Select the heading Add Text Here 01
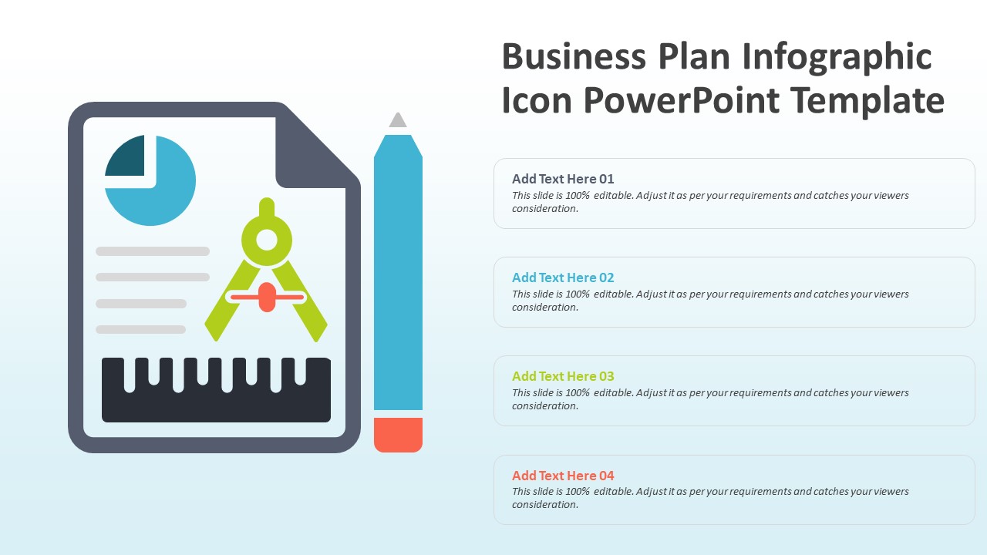pos(563,179)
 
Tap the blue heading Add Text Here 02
pos(563,277)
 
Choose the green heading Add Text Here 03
pos(563,376)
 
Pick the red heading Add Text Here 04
pos(563,476)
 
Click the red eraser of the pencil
pos(398,435)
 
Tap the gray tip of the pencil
pos(398,120)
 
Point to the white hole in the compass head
pos(267,240)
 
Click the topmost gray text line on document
pos(153,251)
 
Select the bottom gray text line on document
pos(140,330)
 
